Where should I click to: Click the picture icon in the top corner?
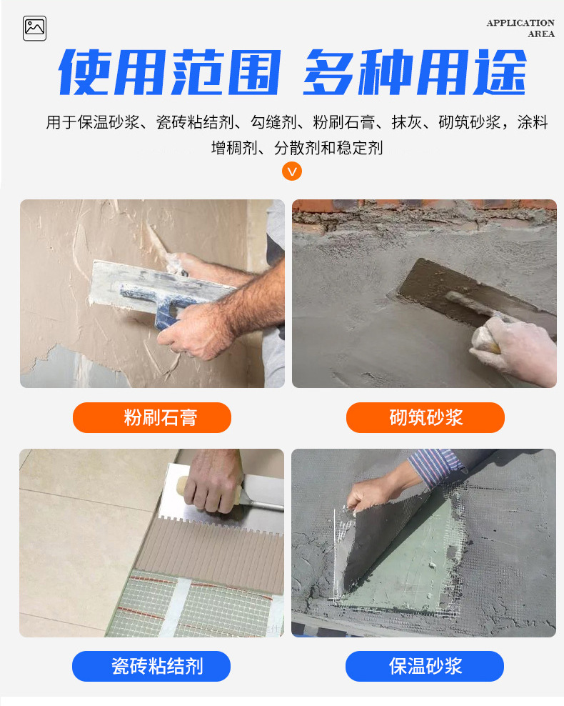35,29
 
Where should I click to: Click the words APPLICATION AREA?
520,29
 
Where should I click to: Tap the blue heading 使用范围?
170,72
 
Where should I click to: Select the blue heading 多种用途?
415,72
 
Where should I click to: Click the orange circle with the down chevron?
292,171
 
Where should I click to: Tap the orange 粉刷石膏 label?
152,417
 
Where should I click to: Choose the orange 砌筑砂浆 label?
425,417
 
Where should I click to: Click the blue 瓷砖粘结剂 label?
151,666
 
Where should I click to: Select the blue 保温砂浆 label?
425,666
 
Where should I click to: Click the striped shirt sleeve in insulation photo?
436,467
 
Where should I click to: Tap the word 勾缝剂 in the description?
273,122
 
